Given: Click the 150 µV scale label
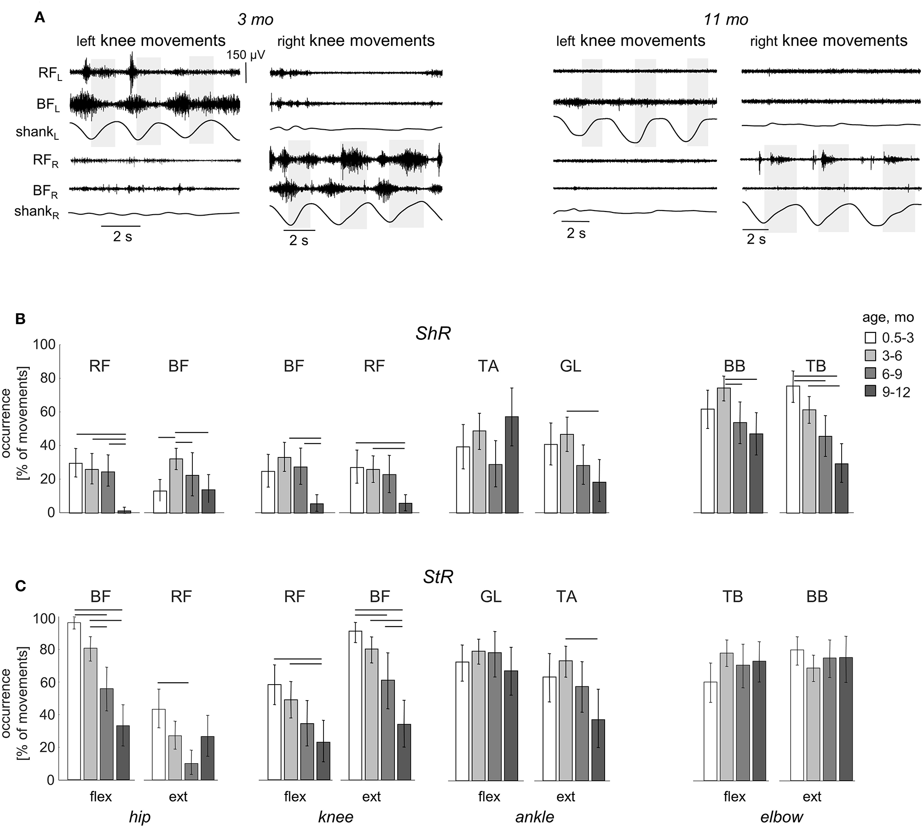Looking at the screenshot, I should tap(246, 55).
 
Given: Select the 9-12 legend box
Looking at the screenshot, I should tap(870, 392).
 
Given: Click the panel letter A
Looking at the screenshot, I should tap(40, 18).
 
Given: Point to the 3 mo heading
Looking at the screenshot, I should tap(255, 19).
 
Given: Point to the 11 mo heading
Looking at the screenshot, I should tap(726, 19).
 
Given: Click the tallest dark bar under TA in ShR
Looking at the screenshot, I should tap(512, 464).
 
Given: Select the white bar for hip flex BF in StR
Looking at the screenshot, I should tap(74, 701).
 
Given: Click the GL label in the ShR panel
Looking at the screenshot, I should tap(571, 366).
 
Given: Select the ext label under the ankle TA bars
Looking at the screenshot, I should tap(566, 796).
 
